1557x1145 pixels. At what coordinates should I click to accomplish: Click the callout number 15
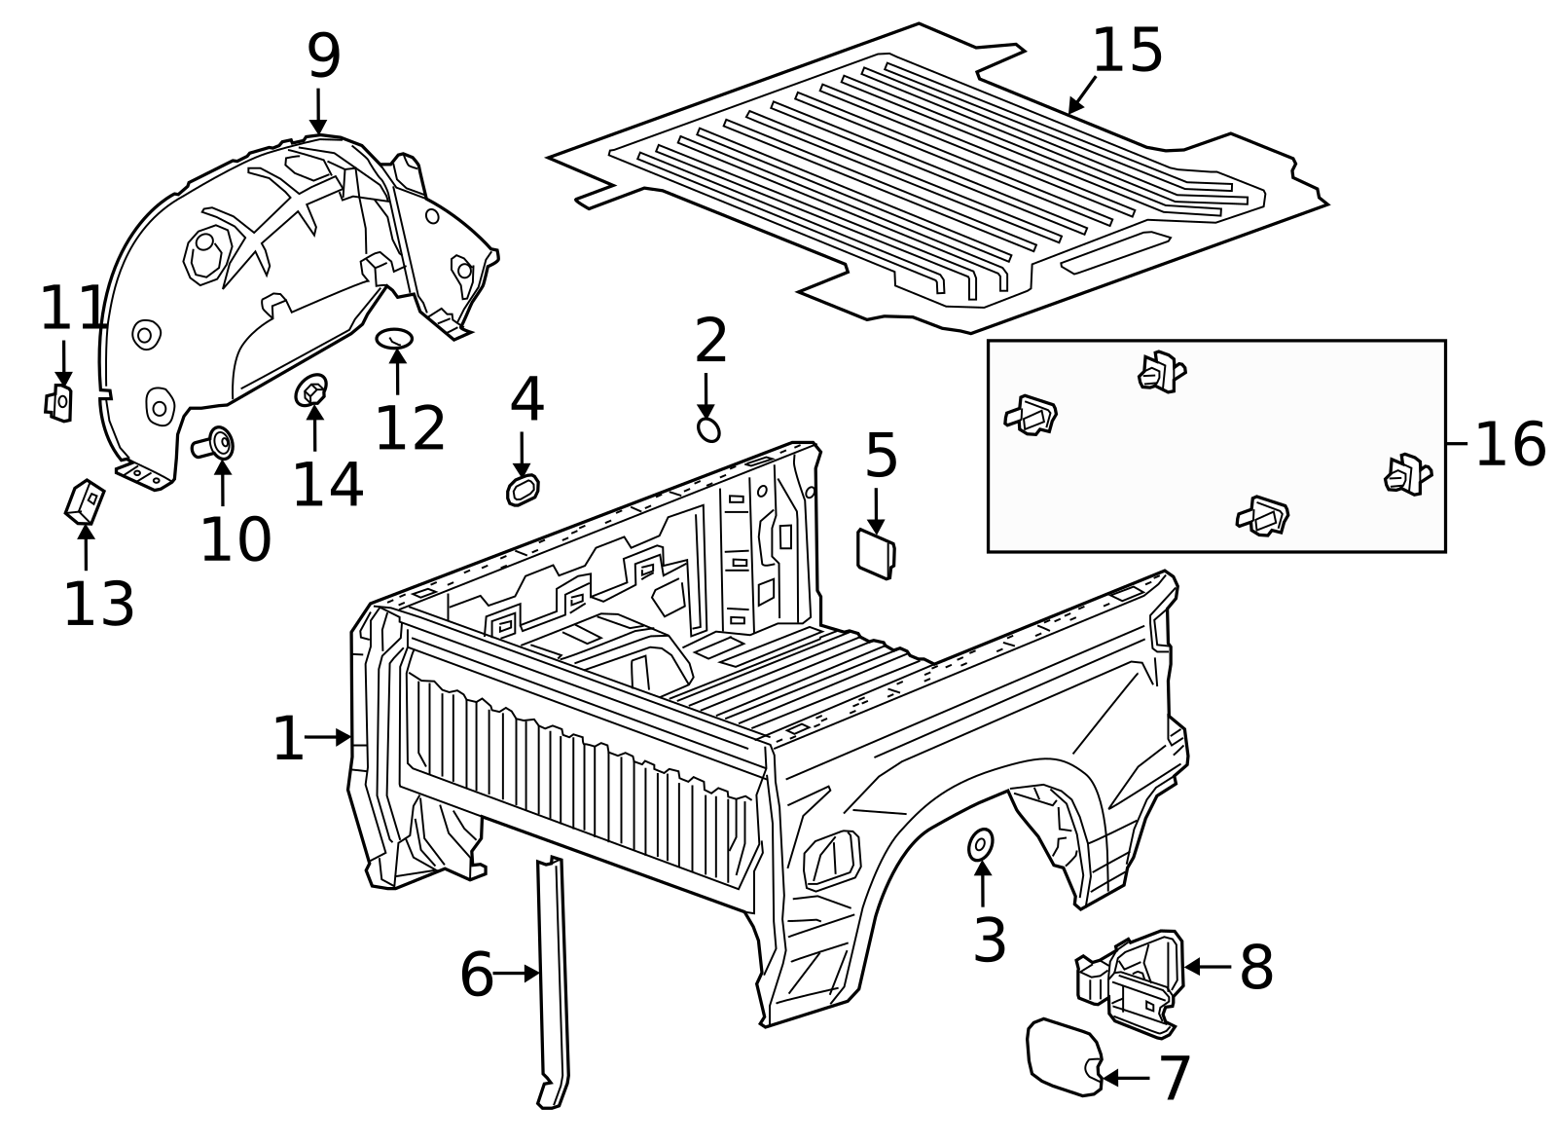click(x=1127, y=51)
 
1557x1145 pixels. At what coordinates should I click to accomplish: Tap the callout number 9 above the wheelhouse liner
click(x=324, y=56)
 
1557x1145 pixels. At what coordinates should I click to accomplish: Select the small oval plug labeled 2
click(x=709, y=429)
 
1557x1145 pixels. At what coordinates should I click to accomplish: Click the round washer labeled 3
click(x=981, y=845)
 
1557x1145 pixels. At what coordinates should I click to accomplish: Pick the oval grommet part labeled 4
click(x=523, y=490)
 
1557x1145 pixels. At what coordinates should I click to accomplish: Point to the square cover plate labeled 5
click(x=875, y=554)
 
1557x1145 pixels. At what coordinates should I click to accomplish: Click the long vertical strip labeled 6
click(x=552, y=983)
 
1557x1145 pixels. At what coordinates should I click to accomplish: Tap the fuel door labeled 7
click(x=1063, y=1056)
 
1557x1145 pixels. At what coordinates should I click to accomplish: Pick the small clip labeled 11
click(x=59, y=401)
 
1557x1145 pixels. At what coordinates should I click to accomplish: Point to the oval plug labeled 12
click(x=394, y=338)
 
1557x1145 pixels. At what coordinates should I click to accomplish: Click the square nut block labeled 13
click(x=85, y=500)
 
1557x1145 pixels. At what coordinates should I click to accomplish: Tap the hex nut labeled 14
click(x=311, y=391)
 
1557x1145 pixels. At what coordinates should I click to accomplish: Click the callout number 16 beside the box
click(x=1509, y=444)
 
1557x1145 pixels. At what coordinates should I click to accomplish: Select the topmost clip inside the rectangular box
click(x=1161, y=372)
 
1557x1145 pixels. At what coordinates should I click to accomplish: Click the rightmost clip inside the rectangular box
click(x=1406, y=474)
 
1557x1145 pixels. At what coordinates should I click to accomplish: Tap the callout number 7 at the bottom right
click(x=1176, y=1078)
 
